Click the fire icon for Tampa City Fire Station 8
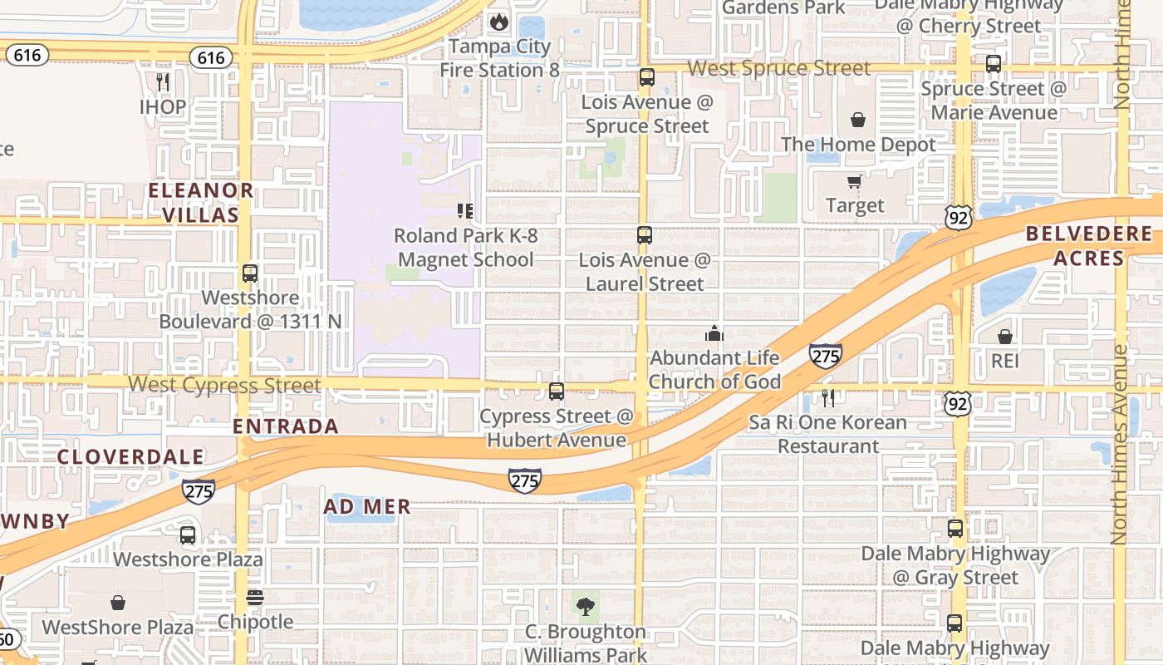pyautogui.click(x=498, y=22)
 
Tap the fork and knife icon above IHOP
pyautogui.click(x=163, y=81)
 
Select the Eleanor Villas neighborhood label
pyautogui.click(x=200, y=202)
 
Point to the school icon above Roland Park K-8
pyautogui.click(x=465, y=211)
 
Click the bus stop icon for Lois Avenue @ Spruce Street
pyautogui.click(x=646, y=77)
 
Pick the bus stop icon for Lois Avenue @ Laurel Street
pyautogui.click(x=645, y=234)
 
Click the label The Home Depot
pyautogui.click(x=857, y=144)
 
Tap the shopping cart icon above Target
pyautogui.click(x=854, y=181)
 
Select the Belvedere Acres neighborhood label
pyautogui.click(x=1088, y=245)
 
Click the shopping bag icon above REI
pyautogui.click(x=1004, y=337)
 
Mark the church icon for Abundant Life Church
pyautogui.click(x=714, y=333)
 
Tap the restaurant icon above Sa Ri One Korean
pyautogui.click(x=827, y=397)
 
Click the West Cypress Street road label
pyautogui.click(x=224, y=385)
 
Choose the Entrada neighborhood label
pyautogui.click(x=285, y=426)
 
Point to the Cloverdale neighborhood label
pyautogui.click(x=130, y=456)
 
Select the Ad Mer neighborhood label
pyautogui.click(x=366, y=506)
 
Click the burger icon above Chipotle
pyautogui.click(x=255, y=598)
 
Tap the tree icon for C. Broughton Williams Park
pyautogui.click(x=586, y=607)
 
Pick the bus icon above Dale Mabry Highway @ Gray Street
pyautogui.click(x=955, y=528)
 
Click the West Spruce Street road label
pyautogui.click(x=779, y=68)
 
